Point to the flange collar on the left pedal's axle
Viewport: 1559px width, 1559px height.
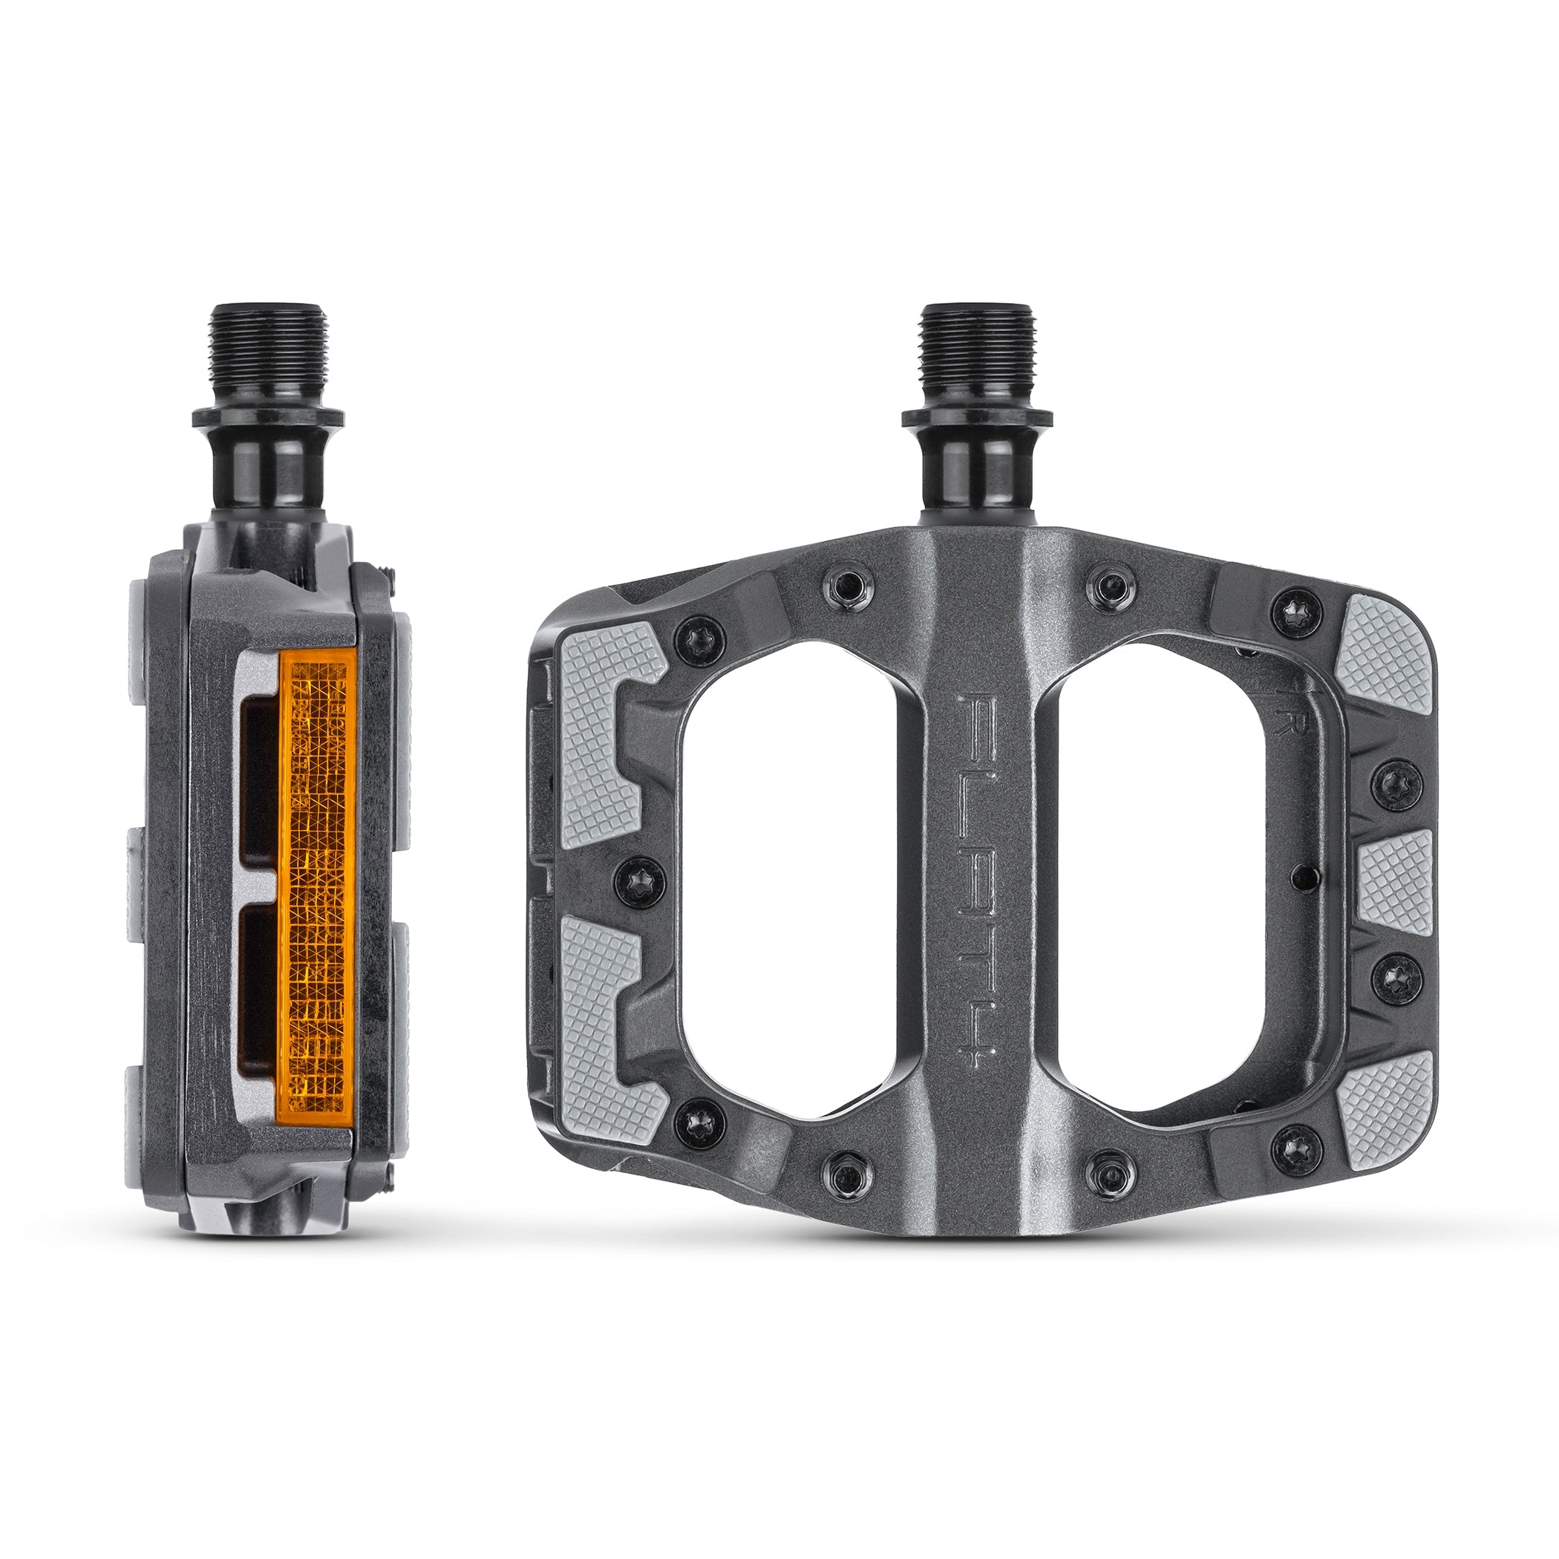pyautogui.click(x=268, y=418)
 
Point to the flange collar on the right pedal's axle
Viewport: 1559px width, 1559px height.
pyautogui.click(x=977, y=418)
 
